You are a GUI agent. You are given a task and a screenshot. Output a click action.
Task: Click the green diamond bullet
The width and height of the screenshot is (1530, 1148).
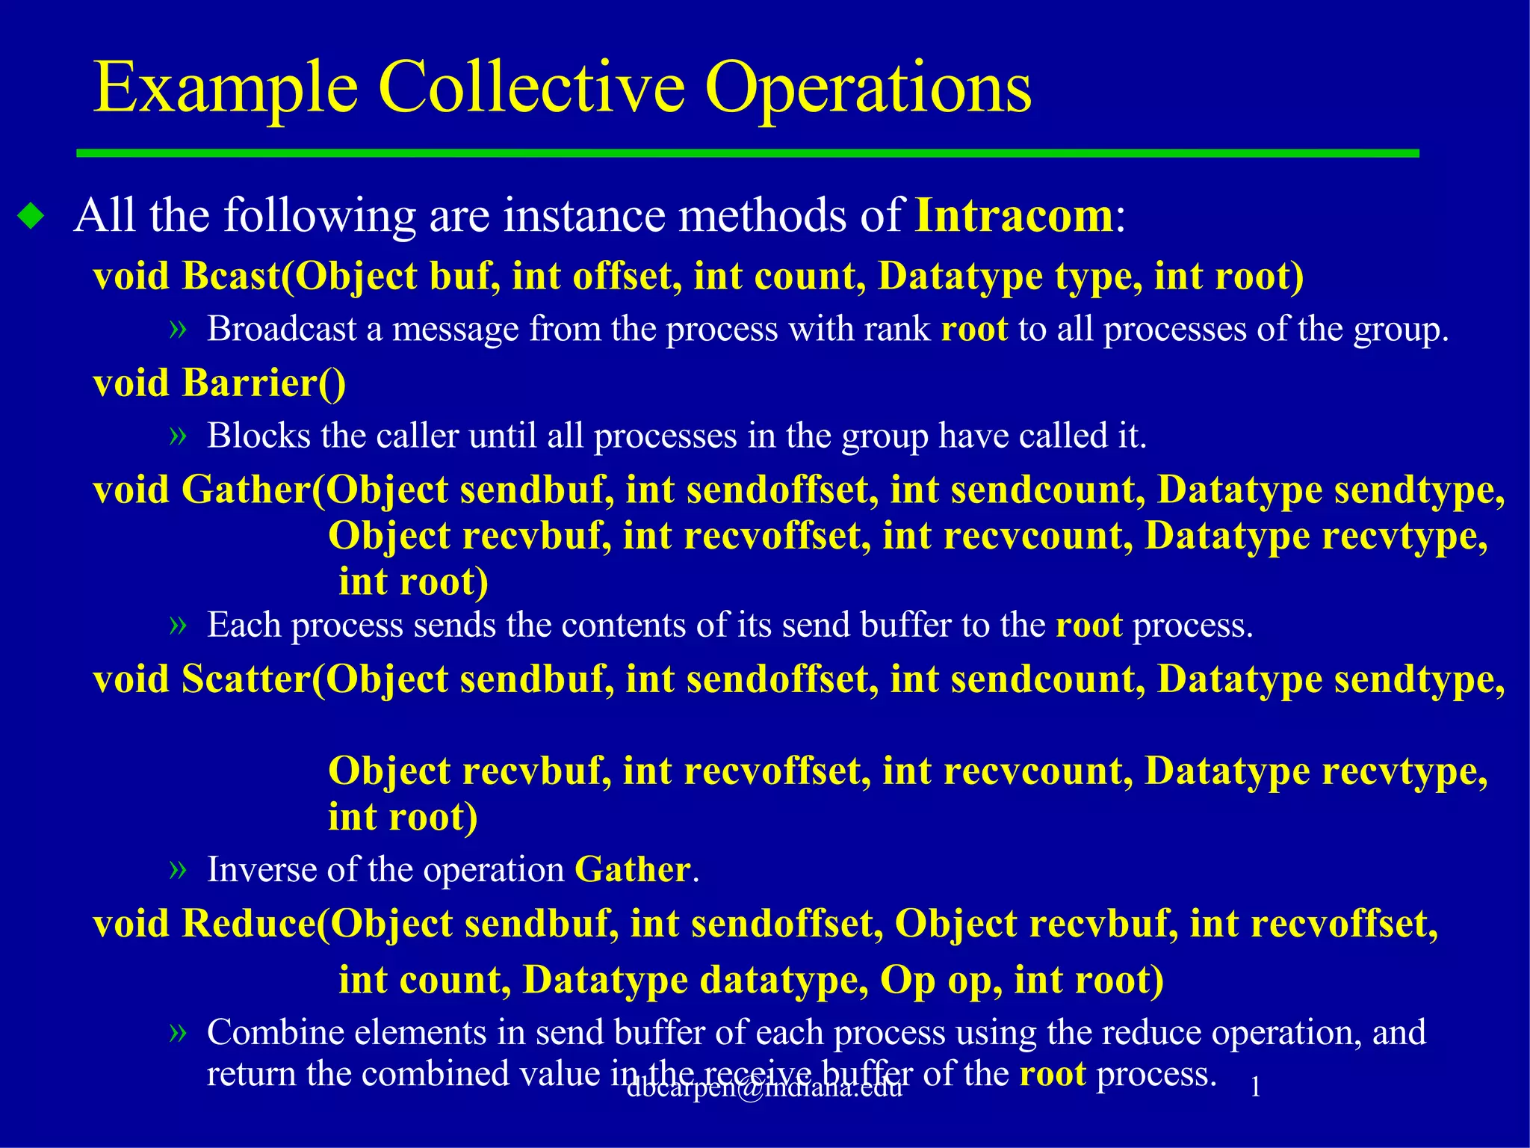coord(31,217)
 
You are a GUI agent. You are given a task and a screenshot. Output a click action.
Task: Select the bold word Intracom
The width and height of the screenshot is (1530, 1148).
coord(1015,216)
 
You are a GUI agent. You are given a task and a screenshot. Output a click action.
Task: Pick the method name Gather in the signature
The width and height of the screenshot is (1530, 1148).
coord(246,490)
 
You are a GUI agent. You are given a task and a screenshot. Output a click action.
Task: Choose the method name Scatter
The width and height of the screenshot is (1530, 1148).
coord(246,679)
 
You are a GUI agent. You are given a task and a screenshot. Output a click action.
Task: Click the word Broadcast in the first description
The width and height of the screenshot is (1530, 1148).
coord(282,329)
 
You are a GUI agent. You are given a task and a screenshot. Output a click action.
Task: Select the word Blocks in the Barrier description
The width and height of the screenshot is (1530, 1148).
coord(258,436)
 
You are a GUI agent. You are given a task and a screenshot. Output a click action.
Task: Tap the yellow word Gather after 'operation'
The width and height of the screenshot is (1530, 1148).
coord(632,869)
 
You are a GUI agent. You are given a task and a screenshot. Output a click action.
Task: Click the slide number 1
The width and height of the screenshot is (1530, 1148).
coord(1256,1087)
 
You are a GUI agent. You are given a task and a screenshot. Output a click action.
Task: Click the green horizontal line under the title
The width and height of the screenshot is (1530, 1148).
coord(747,153)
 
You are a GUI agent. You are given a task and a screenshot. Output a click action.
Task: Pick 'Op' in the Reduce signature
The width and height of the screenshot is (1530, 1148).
coord(907,980)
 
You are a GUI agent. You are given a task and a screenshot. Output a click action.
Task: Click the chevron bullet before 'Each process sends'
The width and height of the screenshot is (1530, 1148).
coord(177,625)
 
